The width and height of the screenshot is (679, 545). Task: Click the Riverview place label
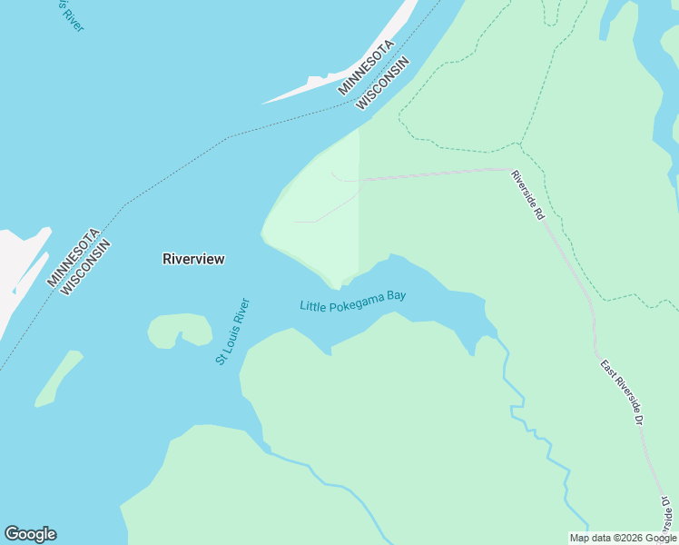tap(193, 259)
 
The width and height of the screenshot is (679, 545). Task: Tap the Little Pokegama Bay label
tap(352, 301)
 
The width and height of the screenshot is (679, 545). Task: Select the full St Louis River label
tap(231, 332)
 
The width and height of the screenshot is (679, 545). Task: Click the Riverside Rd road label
tap(526, 194)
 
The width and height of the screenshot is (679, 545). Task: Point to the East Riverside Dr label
tap(622, 392)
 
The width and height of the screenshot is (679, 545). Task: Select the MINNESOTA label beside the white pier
tap(366, 67)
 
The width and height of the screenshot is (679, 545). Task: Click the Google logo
tap(30, 534)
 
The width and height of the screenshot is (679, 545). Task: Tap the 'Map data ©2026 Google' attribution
tap(623, 538)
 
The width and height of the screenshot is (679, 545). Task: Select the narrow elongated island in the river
tap(58, 379)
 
